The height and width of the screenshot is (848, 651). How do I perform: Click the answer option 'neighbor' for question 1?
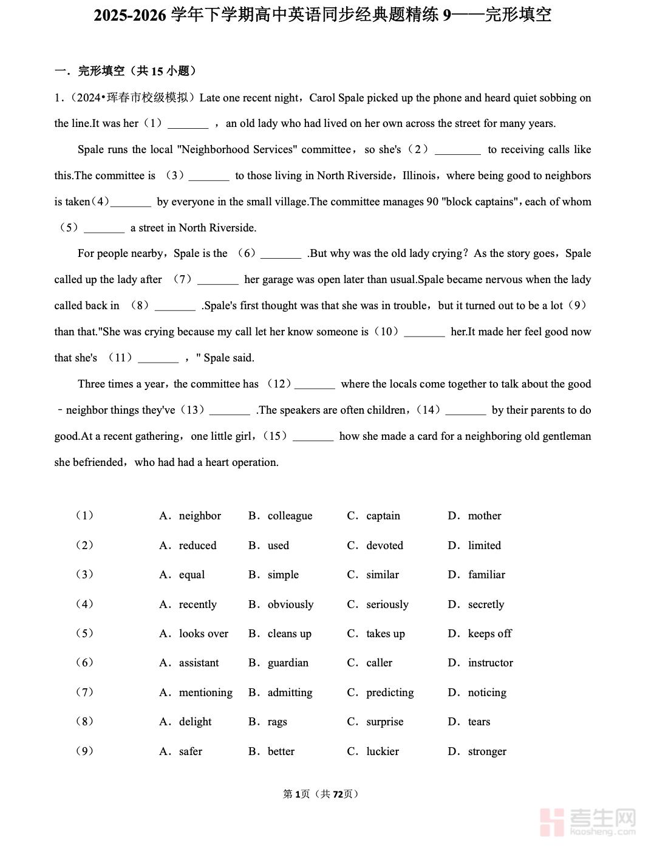point(200,516)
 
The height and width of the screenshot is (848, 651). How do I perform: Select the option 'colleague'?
point(290,516)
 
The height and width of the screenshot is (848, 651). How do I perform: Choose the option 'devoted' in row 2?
point(384,545)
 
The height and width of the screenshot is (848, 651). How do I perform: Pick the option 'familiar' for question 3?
point(486,575)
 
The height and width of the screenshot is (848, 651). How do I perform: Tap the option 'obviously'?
point(290,604)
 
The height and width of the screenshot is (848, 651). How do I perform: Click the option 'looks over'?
point(203,634)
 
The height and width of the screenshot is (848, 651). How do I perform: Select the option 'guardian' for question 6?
point(288,663)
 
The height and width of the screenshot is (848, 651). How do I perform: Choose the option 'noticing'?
point(487,692)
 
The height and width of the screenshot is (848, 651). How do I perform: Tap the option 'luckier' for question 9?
point(383,751)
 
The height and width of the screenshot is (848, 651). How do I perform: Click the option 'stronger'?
point(487,751)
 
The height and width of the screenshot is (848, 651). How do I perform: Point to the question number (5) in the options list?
point(84,633)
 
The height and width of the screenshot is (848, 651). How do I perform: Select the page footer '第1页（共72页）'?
point(321,794)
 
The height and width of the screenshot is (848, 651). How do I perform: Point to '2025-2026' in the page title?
point(130,15)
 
